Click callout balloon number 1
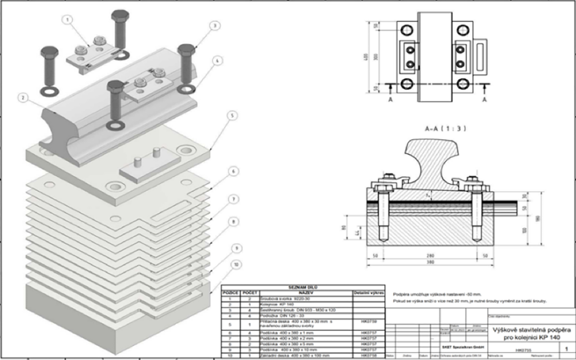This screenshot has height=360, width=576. (68, 20)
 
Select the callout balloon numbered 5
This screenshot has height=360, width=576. (231, 116)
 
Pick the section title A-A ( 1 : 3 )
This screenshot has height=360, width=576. (445, 129)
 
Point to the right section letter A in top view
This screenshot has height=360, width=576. (485, 100)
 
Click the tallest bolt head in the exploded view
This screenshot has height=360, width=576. (120, 19)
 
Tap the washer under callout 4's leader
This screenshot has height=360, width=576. (185, 89)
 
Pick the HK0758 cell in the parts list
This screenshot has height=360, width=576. (368, 355)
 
